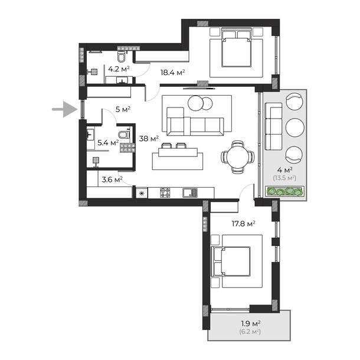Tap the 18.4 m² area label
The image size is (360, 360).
[173, 73]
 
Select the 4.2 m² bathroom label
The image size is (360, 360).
[119, 69]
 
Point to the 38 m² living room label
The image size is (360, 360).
[148, 139]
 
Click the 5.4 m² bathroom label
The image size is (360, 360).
[108, 142]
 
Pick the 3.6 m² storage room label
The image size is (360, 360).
[112, 179]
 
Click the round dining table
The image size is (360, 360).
[238, 156]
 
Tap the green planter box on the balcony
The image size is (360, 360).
[285, 191]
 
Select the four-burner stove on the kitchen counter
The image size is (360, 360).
[166, 192]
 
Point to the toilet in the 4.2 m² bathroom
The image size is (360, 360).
[121, 56]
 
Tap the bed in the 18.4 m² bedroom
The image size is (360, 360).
[234, 50]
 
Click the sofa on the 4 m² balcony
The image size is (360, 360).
[273, 126]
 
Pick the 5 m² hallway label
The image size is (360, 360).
[123, 109]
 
